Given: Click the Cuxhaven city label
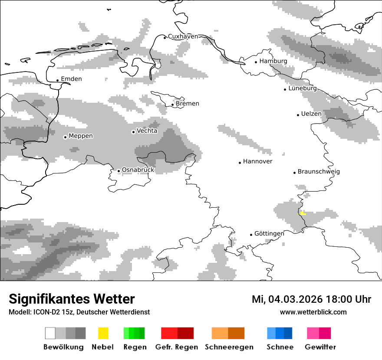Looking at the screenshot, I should [x=183, y=36].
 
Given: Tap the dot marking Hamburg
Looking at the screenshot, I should [x=256, y=62].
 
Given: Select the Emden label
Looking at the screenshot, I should [x=71, y=79].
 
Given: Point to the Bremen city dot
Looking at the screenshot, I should [x=172, y=105].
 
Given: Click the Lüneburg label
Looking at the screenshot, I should [x=303, y=88].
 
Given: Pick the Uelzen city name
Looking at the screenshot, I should [x=311, y=114].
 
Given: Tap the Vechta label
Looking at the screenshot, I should [x=147, y=131].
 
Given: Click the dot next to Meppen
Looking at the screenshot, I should [x=65, y=137].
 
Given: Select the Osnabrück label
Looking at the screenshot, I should [x=138, y=170].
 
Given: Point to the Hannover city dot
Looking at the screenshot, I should [x=240, y=163].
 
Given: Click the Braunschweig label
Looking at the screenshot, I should [x=319, y=171].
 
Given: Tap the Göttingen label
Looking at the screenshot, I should [x=269, y=233].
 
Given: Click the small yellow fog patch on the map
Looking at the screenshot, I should [x=303, y=213].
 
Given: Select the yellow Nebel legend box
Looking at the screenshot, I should [x=103, y=333].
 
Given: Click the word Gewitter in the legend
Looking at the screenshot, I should [x=320, y=347].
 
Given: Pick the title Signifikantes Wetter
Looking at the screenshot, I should [x=72, y=299].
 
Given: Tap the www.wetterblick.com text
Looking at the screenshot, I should [x=313, y=312].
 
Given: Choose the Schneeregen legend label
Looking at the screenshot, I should [x=229, y=347].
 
